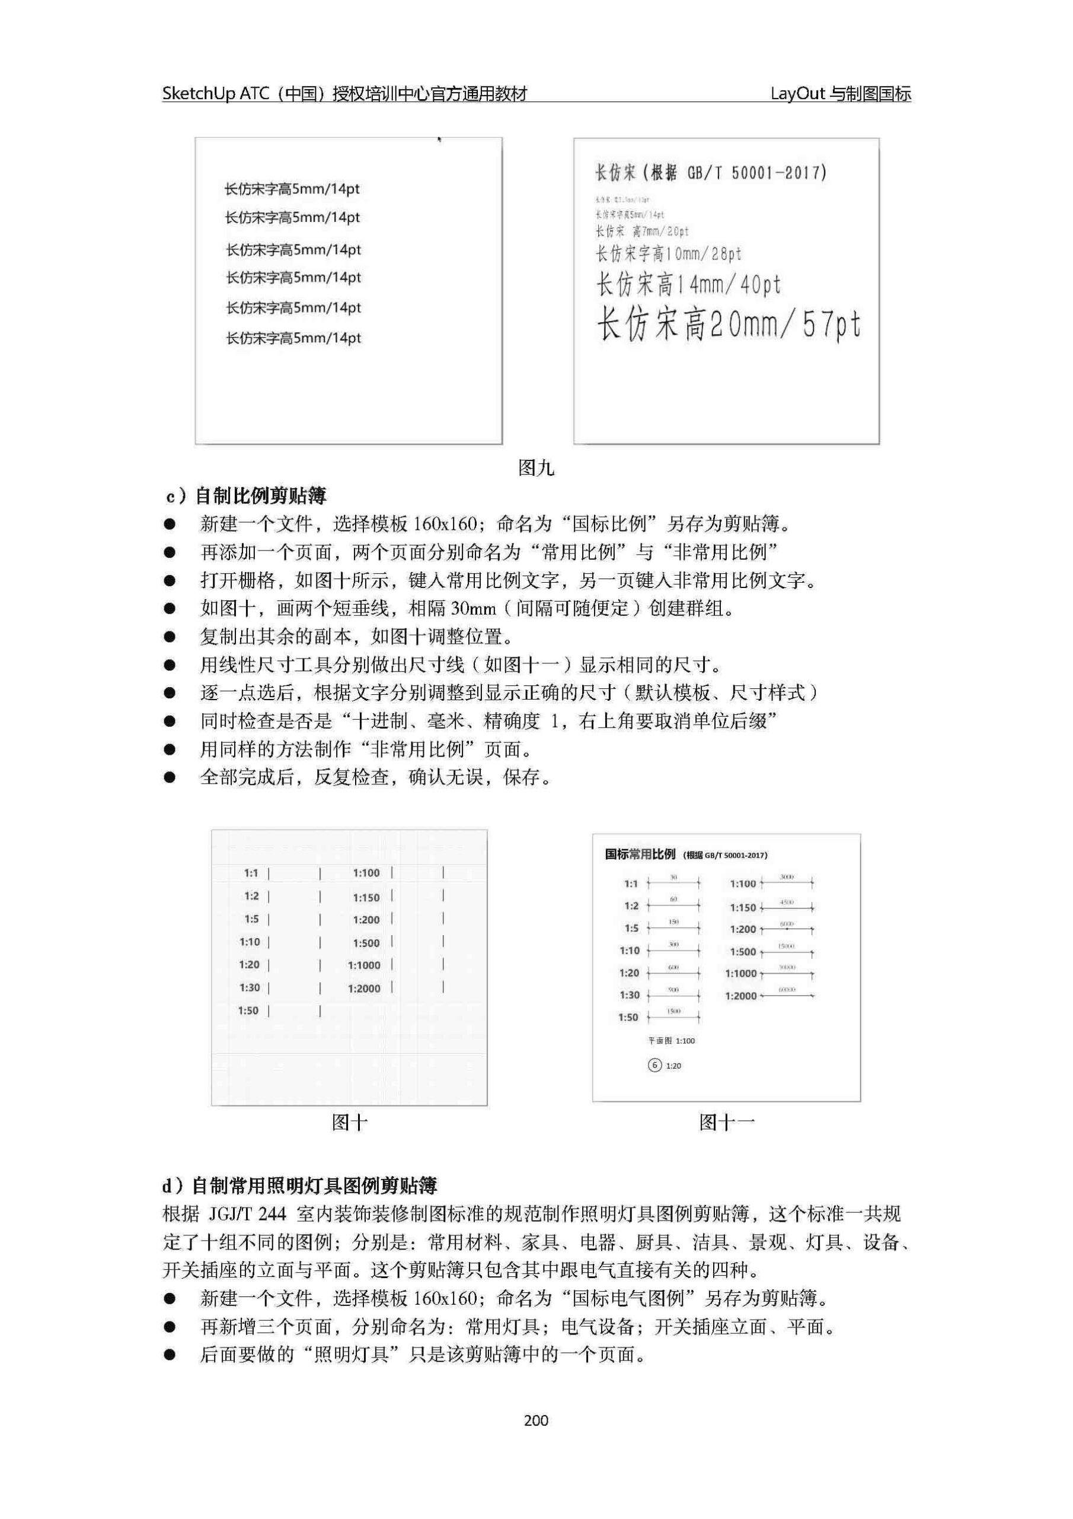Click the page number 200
tap(535, 1421)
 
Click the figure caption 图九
tap(535, 468)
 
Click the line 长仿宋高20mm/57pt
tap(729, 325)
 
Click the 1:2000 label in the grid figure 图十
tap(364, 989)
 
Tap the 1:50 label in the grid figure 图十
tap(248, 1010)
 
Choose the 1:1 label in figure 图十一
tap(631, 884)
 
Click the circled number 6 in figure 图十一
tap(654, 1065)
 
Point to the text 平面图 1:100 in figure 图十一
tap(671, 1041)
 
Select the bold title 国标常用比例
tap(640, 854)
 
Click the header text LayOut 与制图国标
tap(840, 94)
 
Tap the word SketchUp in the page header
tap(199, 94)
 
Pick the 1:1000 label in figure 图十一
tap(740, 973)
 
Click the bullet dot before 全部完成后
tap(170, 777)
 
